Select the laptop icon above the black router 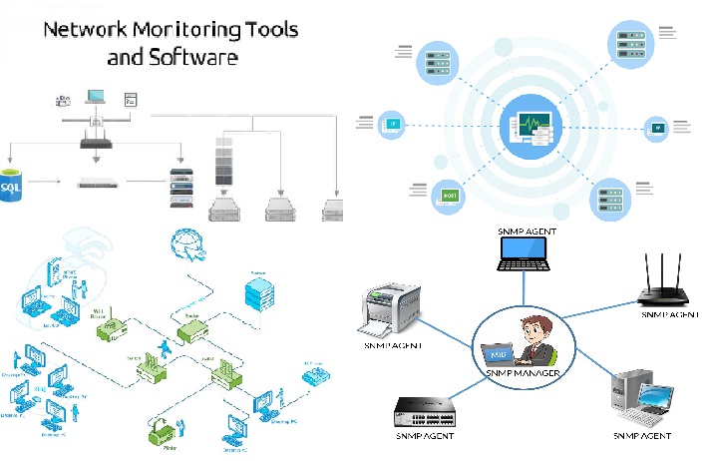96,98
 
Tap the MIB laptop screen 496,353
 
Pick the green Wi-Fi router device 106,326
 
